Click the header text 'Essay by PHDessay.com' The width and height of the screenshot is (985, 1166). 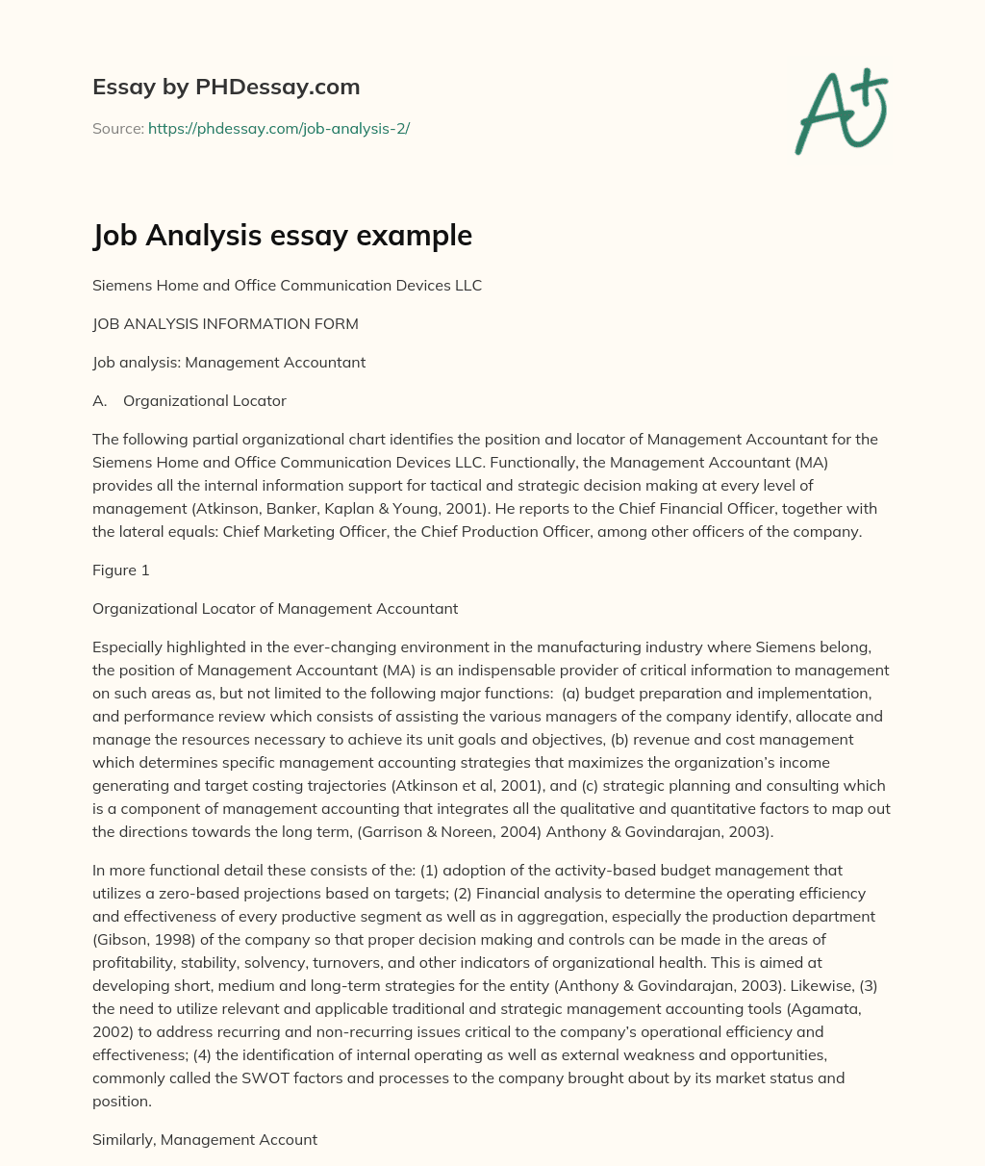[x=226, y=87]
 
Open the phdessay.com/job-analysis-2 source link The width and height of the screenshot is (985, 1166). [x=278, y=128]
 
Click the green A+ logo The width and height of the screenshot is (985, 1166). [x=841, y=112]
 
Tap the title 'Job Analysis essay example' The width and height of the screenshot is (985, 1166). [x=282, y=235]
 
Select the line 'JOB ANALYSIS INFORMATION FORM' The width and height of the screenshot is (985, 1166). [x=225, y=324]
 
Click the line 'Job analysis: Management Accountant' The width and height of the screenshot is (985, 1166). [x=229, y=363]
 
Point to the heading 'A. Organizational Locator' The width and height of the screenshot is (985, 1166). [x=189, y=401]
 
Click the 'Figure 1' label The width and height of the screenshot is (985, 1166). [x=121, y=570]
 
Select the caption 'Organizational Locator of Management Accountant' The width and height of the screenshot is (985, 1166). [x=275, y=609]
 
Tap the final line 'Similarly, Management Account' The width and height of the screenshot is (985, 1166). [x=205, y=1139]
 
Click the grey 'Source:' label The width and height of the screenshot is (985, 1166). [x=118, y=128]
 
